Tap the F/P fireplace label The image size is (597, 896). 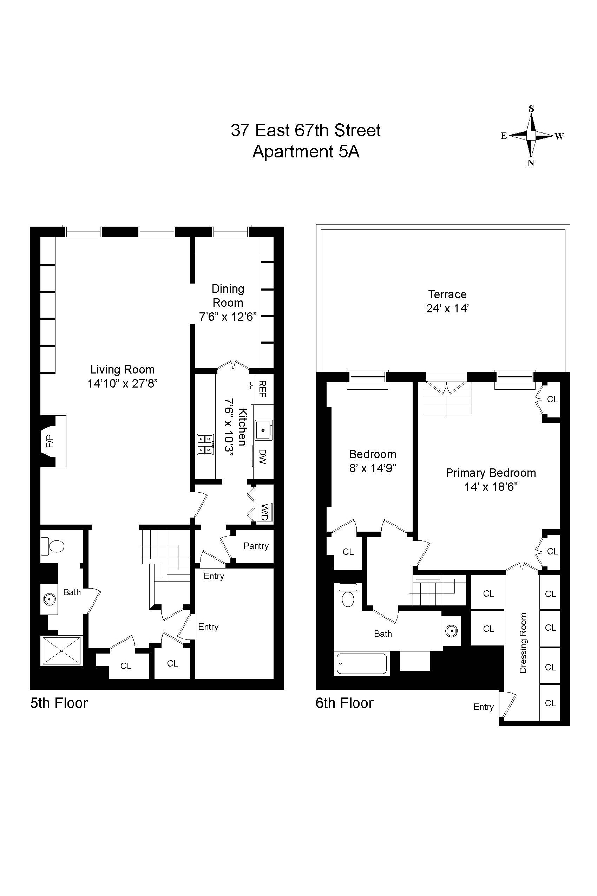50,441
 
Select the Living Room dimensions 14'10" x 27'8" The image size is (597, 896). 123,383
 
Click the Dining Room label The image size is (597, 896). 228,296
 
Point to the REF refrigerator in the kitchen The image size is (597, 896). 262,388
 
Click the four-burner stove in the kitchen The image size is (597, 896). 205,444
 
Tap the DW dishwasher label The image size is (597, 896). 262,456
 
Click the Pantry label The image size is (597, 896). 256,546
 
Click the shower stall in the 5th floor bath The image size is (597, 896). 62,651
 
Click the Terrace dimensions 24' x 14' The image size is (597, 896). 447,308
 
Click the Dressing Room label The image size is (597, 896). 523,643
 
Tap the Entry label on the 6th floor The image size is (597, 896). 483,707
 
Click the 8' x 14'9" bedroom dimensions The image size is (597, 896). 373,468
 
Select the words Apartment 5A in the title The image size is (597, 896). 306,152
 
